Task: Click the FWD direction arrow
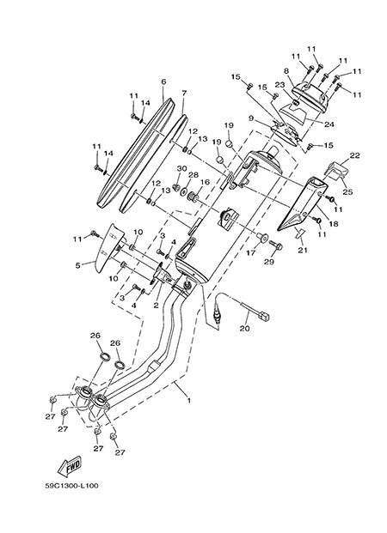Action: click(x=70, y=465)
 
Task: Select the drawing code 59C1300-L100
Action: click(x=71, y=486)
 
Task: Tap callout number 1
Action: click(x=188, y=401)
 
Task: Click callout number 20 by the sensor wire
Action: click(x=244, y=329)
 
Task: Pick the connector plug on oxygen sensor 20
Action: click(x=264, y=317)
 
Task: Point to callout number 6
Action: click(x=163, y=82)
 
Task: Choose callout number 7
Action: click(x=184, y=93)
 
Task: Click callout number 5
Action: click(x=78, y=265)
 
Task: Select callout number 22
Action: click(x=354, y=155)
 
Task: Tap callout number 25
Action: click(x=347, y=192)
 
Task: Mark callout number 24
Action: click(x=329, y=124)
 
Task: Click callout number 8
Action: click(x=286, y=71)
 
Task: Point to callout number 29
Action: click(x=269, y=262)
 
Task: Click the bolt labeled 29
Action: click(x=276, y=245)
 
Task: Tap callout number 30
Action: click(x=182, y=168)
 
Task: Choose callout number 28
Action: click(x=193, y=175)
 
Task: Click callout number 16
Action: click(x=205, y=182)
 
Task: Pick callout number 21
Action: click(x=303, y=250)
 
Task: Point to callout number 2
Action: click(x=156, y=306)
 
